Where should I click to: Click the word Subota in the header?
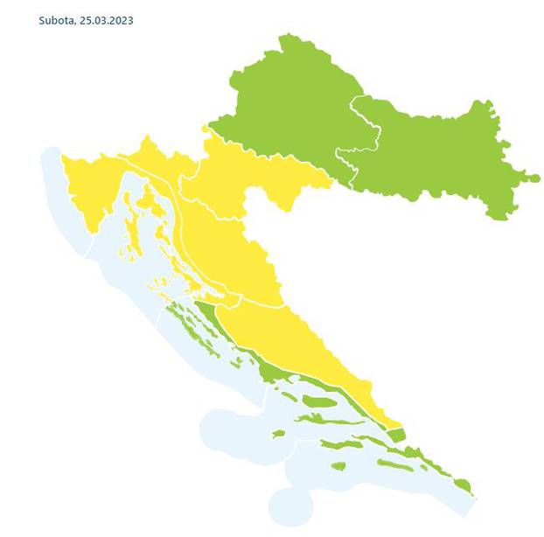(55, 19)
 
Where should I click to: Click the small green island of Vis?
(278, 434)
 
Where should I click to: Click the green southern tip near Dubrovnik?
(463, 485)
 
